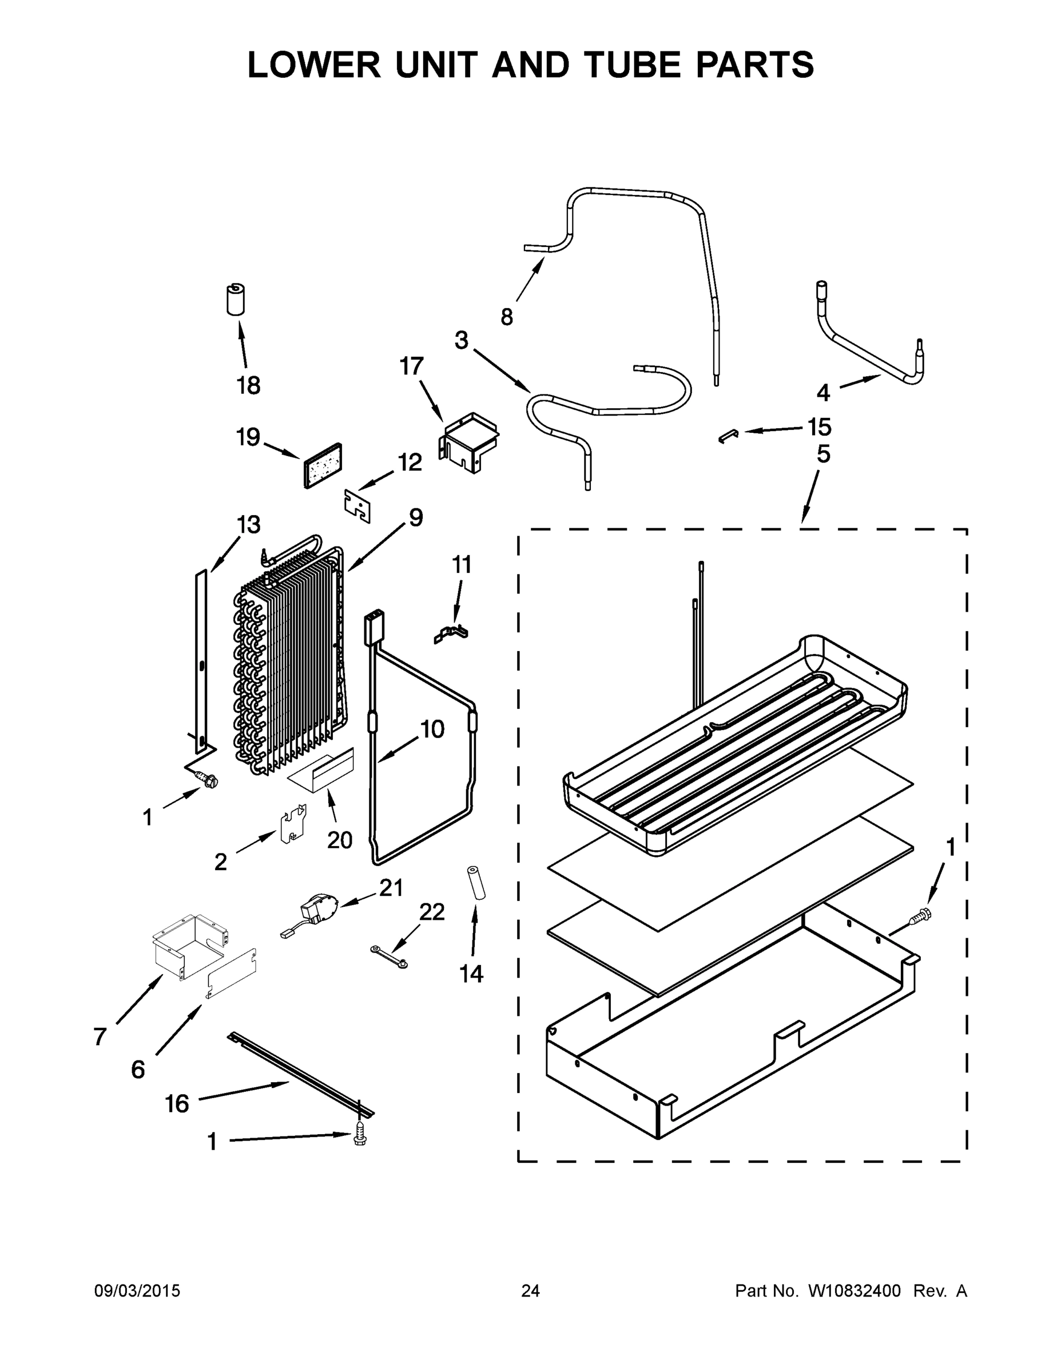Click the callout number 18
click(x=248, y=385)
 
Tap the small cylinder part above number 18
click(x=235, y=299)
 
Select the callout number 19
click(x=248, y=437)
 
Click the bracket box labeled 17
click(x=469, y=442)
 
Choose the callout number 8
click(x=507, y=316)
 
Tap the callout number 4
click(x=823, y=393)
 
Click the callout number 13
click(x=248, y=525)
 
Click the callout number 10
click(x=432, y=729)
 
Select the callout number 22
click(x=432, y=912)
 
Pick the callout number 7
click(x=100, y=1036)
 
